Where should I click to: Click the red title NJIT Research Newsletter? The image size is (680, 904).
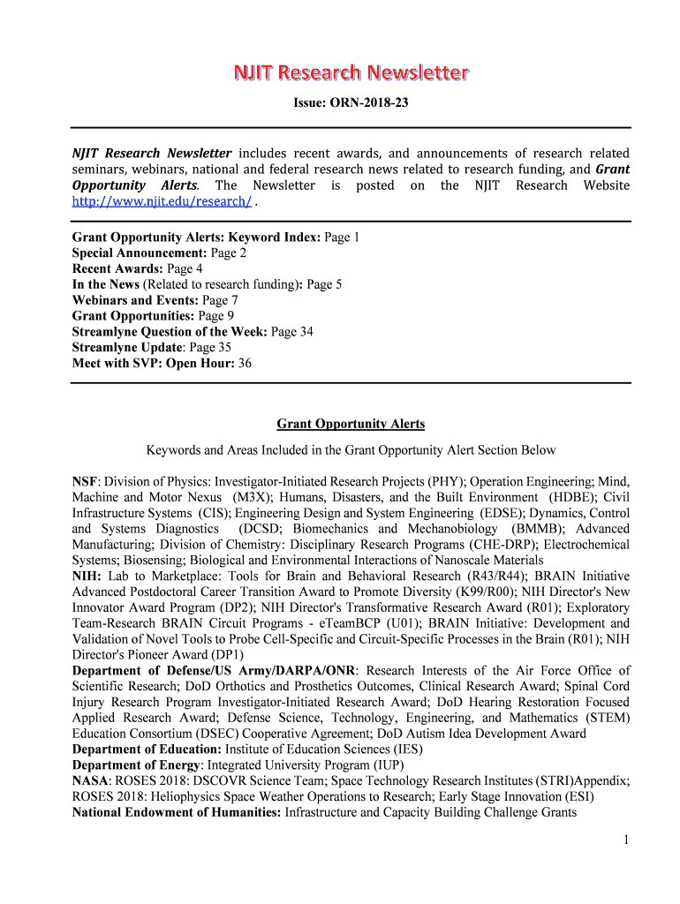coord(351,72)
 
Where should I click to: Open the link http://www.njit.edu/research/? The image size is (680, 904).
coord(162,200)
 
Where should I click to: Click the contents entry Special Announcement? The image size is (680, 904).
coord(140,252)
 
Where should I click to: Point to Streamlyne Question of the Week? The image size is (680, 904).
coord(170,332)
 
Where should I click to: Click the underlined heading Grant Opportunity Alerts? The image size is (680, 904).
coord(351,424)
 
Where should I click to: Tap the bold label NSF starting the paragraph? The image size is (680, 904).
coord(85,482)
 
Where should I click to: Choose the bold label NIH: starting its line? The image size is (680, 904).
coord(87,576)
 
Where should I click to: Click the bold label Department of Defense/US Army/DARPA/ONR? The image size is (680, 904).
coord(214,671)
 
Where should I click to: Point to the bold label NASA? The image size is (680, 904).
coord(90,780)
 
